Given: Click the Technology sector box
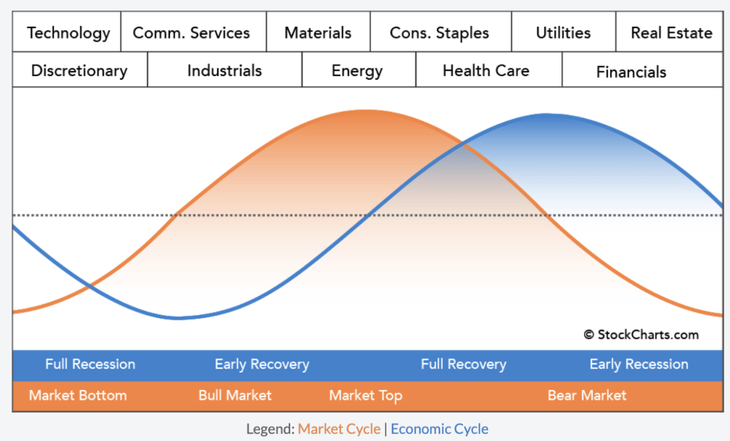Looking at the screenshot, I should click(x=68, y=32).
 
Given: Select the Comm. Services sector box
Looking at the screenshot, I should click(x=193, y=32).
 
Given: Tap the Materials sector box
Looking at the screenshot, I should click(x=318, y=32).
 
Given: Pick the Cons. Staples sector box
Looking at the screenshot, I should click(x=440, y=32).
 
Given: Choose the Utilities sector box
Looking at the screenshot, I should click(x=563, y=32).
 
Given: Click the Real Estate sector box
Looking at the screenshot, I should click(x=670, y=32).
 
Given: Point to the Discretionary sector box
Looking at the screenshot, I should click(x=80, y=71).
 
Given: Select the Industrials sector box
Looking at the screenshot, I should click(x=224, y=71).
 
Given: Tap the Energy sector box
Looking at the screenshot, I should click(x=358, y=71).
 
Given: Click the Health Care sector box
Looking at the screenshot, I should click(x=487, y=71).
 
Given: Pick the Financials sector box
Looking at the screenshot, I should click(x=631, y=72).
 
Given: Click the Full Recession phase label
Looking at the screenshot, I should click(x=90, y=364).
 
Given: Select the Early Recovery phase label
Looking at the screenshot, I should click(x=262, y=364).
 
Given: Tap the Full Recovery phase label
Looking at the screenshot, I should click(x=464, y=364).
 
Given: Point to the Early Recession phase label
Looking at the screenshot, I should click(x=639, y=364).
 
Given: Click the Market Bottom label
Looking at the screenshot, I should click(x=78, y=395).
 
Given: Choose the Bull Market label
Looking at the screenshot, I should click(x=235, y=395).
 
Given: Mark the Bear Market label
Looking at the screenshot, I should click(x=586, y=395).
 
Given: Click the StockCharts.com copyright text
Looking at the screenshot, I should click(x=641, y=334).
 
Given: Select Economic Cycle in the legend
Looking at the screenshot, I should click(x=439, y=429).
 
